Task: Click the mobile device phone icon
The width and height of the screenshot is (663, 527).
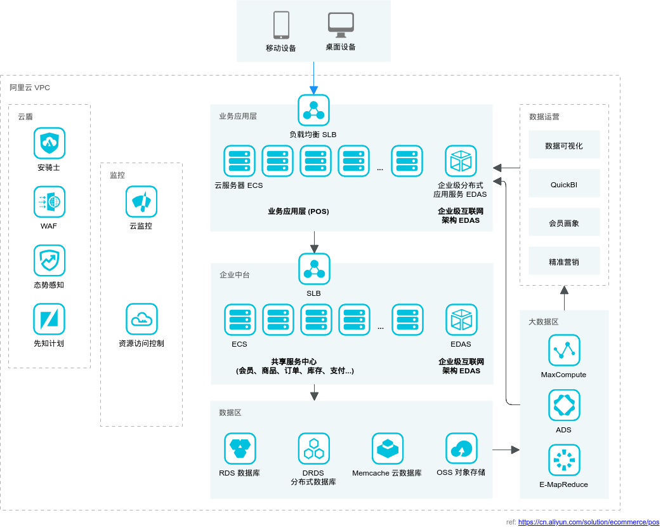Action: click(282, 25)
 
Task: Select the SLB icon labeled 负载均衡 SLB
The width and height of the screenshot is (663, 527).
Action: click(313, 110)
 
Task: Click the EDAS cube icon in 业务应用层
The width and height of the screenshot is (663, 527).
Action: click(461, 161)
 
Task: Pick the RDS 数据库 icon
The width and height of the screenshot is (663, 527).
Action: click(240, 449)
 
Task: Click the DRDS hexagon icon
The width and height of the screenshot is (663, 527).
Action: click(313, 449)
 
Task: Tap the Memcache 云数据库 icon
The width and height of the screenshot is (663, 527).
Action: click(387, 449)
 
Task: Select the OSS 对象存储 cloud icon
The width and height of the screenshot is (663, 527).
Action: click(461, 449)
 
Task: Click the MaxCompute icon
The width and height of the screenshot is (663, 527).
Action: click(563, 350)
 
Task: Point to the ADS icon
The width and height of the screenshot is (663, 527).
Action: click(563, 406)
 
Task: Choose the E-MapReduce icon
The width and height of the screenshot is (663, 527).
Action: click(563, 460)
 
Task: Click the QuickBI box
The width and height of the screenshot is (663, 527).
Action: click(564, 185)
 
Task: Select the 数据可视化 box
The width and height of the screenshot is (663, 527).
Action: click(564, 146)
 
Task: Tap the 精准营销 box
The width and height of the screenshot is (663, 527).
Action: click(564, 262)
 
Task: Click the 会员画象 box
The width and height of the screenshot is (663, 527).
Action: click(564, 223)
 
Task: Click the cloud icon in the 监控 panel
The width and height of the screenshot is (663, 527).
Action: click(141, 319)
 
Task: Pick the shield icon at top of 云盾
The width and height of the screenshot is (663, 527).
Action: click(49, 143)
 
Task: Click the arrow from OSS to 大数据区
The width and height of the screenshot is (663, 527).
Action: click(506, 450)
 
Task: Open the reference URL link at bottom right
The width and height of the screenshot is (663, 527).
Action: click(589, 522)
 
